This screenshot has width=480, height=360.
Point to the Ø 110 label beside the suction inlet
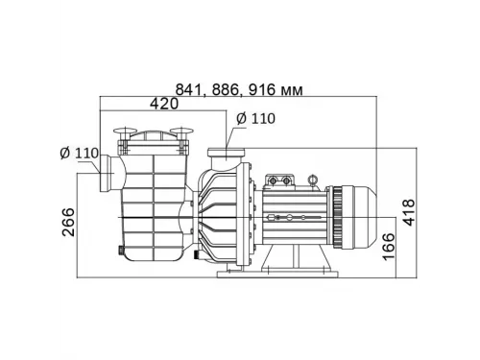tap(79, 155)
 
